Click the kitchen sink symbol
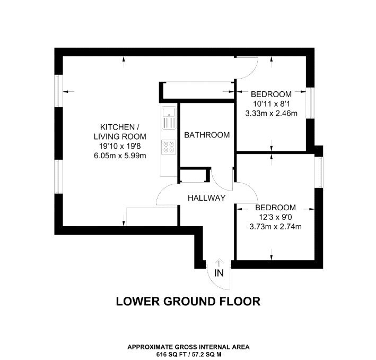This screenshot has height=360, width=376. [x=169, y=118]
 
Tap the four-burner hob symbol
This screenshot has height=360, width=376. [x=169, y=147]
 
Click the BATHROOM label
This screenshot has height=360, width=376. [x=207, y=135]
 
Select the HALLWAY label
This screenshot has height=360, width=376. [x=206, y=198]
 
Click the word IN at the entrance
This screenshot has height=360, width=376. [x=218, y=273]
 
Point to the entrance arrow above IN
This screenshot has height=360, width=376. [x=218, y=263]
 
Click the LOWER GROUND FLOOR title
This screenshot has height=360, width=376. [x=188, y=302]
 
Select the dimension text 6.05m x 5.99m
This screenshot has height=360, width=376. [x=120, y=156]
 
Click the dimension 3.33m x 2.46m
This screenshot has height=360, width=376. [x=271, y=113]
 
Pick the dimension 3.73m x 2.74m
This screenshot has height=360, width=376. [x=276, y=227]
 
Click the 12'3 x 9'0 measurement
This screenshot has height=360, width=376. [x=276, y=217]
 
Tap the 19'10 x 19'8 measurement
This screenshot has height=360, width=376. [x=120, y=146]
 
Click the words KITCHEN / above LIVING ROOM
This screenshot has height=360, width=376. [x=120, y=127]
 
